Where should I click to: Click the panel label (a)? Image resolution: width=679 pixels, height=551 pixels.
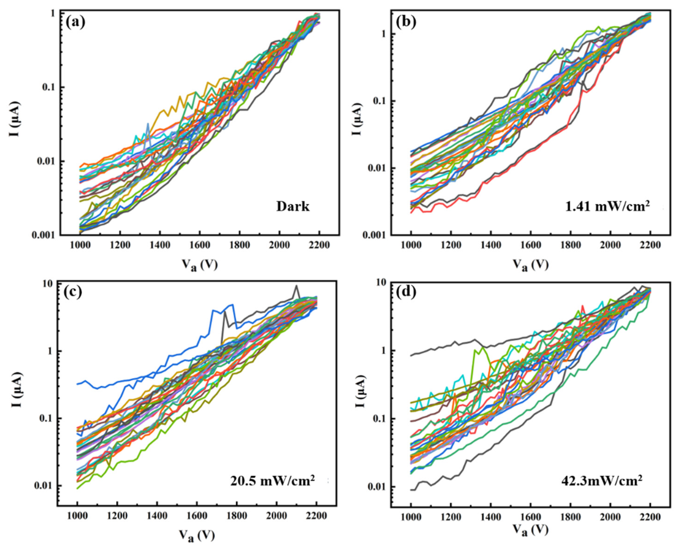(75, 23)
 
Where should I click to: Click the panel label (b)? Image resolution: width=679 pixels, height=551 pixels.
(406, 23)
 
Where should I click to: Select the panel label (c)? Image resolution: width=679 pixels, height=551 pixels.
(72, 292)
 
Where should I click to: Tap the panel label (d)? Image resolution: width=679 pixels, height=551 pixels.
(406, 292)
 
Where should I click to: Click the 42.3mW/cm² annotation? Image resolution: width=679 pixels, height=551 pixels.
(601, 489)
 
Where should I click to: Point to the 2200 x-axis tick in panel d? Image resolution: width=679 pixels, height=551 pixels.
(650, 517)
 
